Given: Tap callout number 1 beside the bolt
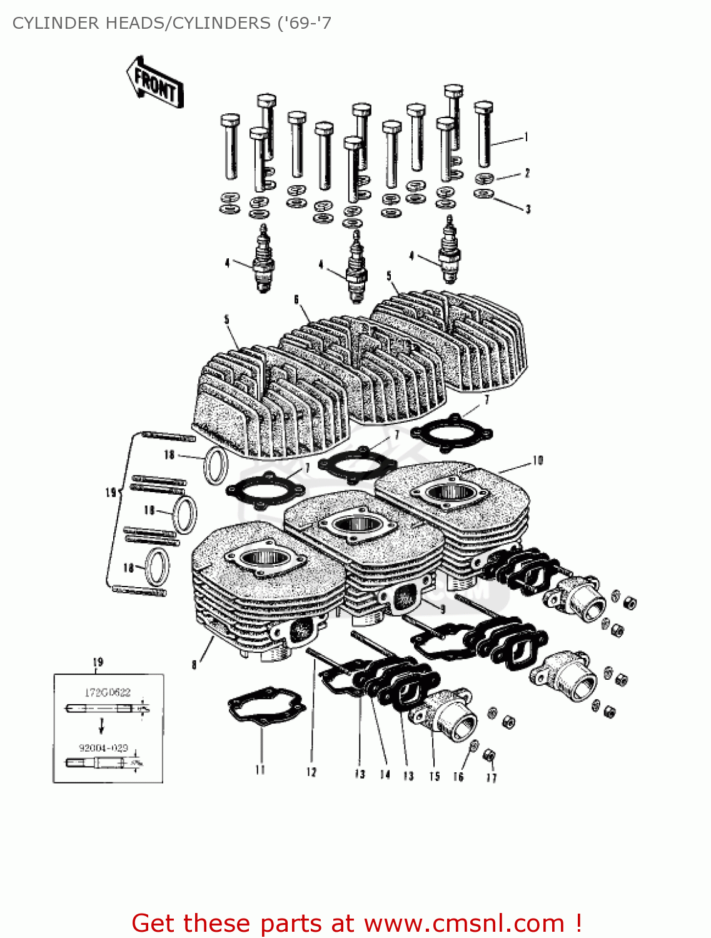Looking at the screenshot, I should [527, 137].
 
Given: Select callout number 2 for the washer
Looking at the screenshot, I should [527, 173].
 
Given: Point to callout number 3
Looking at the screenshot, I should [528, 209].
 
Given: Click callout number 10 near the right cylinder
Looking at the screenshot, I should [538, 461].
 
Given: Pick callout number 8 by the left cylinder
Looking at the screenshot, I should [194, 664].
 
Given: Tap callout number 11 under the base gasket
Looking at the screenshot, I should [260, 770].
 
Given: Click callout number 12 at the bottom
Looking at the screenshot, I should [311, 772].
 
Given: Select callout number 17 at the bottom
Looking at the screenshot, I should [492, 777].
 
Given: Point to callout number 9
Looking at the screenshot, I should [443, 608].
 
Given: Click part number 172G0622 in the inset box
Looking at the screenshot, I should [108, 692].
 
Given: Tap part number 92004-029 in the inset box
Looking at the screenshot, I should [103, 747].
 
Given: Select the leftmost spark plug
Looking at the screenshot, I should [263, 260].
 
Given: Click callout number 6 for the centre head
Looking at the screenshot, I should [296, 300].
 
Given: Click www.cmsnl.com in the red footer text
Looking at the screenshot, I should [464, 923].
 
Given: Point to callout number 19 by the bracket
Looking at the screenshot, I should [111, 492].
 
